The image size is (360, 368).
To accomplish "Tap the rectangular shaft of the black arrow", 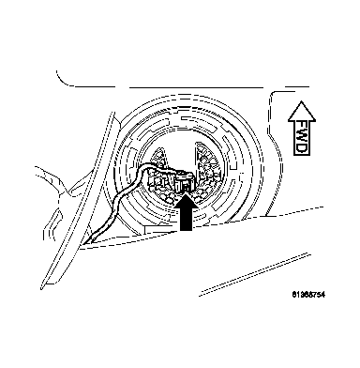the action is coord(187,218).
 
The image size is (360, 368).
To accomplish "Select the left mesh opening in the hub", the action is coord(157,161).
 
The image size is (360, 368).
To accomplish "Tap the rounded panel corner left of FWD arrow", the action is coord(272,99).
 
